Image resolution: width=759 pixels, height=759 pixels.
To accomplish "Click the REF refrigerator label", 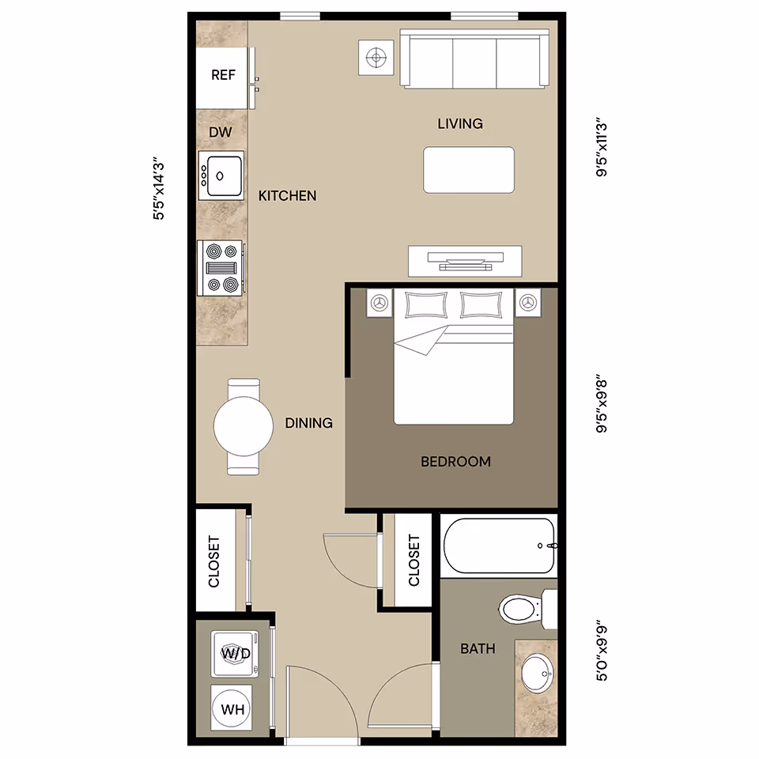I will click(223, 76).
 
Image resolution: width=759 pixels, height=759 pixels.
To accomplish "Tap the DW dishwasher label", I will click(221, 132).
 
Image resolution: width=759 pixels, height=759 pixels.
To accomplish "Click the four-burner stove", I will click(221, 268).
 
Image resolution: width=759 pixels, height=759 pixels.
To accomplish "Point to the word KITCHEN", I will click(288, 195).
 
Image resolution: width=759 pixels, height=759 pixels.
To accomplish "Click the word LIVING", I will click(460, 123).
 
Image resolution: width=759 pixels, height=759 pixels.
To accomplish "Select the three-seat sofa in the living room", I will click(474, 60).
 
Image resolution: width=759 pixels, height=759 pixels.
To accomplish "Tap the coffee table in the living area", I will click(468, 170).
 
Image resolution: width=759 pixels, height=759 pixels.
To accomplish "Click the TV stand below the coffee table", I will click(464, 260).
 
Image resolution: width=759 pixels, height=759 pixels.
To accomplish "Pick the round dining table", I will click(243, 426).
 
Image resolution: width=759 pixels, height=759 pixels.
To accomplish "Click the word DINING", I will click(308, 423).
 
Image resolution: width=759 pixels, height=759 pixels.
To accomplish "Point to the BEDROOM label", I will click(455, 462).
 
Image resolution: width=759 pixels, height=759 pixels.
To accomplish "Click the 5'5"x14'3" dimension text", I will click(160, 190).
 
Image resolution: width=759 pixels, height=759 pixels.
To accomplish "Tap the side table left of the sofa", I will click(377, 58).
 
